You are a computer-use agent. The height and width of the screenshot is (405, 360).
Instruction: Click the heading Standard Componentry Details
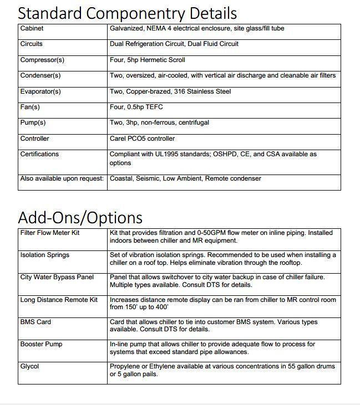[128, 13]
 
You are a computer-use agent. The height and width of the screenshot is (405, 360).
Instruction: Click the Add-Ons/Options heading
[80, 217]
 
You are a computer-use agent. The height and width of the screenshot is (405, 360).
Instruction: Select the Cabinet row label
[32, 28]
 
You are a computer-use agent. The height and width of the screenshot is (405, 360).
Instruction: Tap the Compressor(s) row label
[42, 60]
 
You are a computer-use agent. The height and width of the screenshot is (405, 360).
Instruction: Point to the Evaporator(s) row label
[40, 91]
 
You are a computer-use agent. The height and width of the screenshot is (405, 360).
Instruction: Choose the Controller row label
[34, 139]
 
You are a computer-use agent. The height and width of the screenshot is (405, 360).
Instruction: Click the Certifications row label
[39, 154]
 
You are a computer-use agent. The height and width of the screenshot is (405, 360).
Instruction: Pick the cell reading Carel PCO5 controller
[142, 139]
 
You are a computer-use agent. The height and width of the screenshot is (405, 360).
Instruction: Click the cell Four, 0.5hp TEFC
[136, 107]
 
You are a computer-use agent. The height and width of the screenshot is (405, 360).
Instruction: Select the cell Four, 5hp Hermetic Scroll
[148, 60]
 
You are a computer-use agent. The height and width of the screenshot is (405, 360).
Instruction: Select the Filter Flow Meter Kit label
[50, 233]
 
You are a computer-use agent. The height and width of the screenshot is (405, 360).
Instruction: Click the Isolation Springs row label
[45, 255]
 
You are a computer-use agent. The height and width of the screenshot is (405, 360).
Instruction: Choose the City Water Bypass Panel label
[57, 277]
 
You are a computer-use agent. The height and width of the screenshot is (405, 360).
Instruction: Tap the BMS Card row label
[36, 321]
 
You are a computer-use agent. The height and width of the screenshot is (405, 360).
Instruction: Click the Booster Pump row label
[41, 344]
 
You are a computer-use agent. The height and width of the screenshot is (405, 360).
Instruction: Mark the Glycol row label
[29, 366]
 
